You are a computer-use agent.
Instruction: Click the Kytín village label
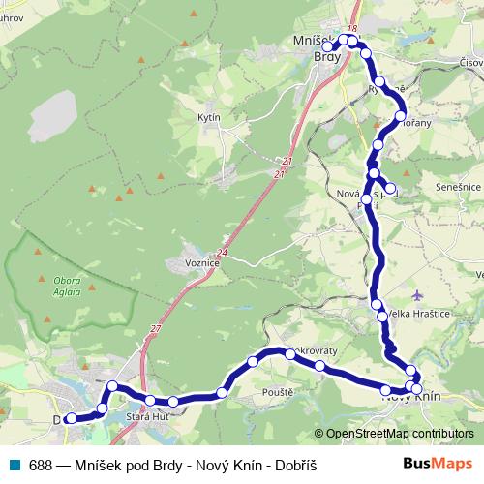point(209,117)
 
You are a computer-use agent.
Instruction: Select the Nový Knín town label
point(411,397)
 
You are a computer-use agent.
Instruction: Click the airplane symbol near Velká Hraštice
point(416,294)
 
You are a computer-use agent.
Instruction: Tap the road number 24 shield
point(223,253)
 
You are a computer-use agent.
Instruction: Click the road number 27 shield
point(156,329)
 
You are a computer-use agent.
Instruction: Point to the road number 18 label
point(353,29)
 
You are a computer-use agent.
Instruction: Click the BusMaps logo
point(438,464)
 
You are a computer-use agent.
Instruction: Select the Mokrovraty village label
point(312,353)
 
